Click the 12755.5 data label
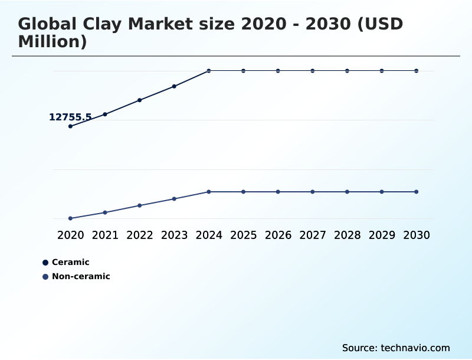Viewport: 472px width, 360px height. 70,117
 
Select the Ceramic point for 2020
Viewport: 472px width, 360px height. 70,126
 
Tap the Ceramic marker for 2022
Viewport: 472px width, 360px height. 140,100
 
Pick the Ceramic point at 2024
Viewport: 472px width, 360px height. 209,71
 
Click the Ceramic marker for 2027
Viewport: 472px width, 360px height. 313,71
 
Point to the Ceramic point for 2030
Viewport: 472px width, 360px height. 417,71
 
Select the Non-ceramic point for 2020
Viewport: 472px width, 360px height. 70,218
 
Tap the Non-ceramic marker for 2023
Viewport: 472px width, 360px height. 174,199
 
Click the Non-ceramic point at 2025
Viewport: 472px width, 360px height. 243,192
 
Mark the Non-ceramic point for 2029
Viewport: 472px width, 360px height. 382,192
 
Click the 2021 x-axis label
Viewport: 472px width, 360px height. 105,235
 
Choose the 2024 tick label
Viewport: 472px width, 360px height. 209,235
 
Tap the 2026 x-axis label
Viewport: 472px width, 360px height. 278,235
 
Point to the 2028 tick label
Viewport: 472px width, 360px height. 347,235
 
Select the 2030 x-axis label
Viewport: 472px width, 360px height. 417,235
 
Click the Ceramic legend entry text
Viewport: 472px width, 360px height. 71,262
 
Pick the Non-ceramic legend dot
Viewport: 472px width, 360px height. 45,276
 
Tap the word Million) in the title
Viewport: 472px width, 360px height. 53,42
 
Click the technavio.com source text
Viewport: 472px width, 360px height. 415,348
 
